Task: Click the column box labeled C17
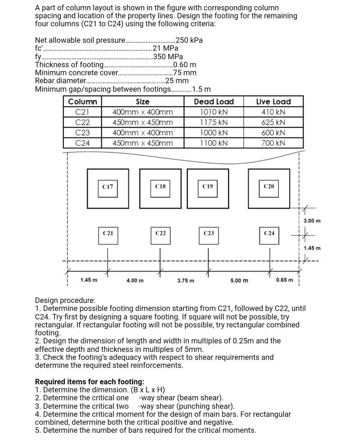click(108, 186)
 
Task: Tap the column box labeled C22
click(160, 234)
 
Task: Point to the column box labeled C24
click(269, 234)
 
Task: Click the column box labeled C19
click(208, 186)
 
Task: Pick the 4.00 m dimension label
click(135, 280)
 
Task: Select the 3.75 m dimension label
click(185, 280)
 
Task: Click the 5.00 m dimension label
click(239, 280)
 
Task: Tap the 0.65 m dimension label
click(284, 280)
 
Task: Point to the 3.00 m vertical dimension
click(312, 220)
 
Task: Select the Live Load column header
click(273, 102)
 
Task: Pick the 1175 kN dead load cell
click(214, 123)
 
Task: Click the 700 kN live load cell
click(273, 143)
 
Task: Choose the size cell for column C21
click(142, 112)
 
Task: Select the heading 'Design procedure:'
click(65, 300)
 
